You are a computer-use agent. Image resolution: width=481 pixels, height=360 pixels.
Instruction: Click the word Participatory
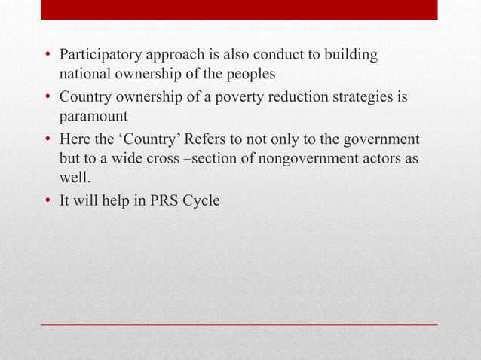coord(98,56)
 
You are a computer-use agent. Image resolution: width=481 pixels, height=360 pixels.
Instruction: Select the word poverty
coord(233,98)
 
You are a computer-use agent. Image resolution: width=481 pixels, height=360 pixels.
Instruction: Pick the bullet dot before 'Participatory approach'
coord(47,57)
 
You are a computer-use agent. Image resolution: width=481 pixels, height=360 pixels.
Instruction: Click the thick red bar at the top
coord(239,9)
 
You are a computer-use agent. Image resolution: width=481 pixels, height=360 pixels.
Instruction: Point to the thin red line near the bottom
coord(239,325)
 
